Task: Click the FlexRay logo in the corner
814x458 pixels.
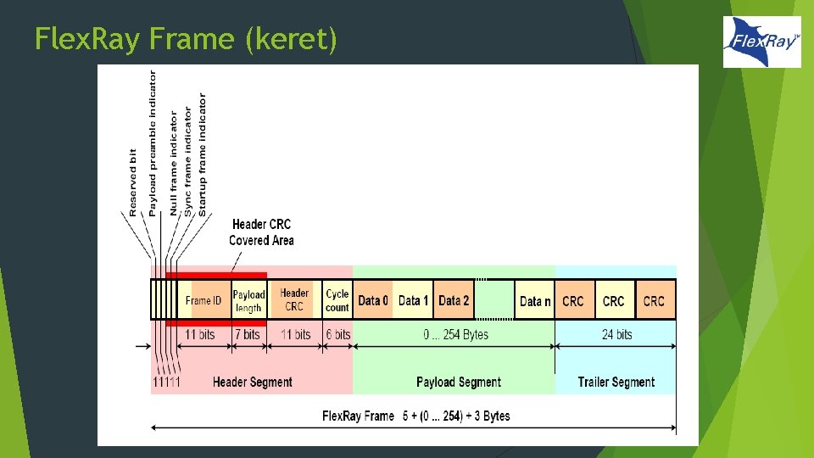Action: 761,42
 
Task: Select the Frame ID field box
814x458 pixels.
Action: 203,301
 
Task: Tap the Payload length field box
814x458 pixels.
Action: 248,301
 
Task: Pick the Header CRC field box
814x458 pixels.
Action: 294,300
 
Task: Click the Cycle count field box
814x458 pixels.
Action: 337,301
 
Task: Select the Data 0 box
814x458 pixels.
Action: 373,301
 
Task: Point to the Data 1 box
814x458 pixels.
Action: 414,301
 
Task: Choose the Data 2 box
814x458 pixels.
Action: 454,301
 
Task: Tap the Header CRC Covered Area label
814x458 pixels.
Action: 261,232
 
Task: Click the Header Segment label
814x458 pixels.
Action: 252,383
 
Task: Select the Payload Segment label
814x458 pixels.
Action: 459,383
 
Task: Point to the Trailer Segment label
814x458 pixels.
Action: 616,383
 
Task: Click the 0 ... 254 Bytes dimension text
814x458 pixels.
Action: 456,335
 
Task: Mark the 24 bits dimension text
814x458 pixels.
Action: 617,335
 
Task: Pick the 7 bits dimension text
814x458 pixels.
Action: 247,335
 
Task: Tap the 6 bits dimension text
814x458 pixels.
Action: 337,335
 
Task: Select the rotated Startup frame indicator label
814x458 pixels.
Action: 202,153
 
